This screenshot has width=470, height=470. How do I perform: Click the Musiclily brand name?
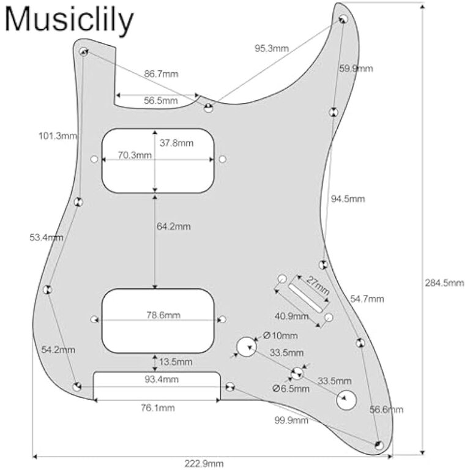[x=69, y=20]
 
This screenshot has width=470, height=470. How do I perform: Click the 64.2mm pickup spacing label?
[x=174, y=226]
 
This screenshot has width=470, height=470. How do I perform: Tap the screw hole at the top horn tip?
[x=343, y=17]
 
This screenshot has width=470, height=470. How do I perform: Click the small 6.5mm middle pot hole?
[x=297, y=373]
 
